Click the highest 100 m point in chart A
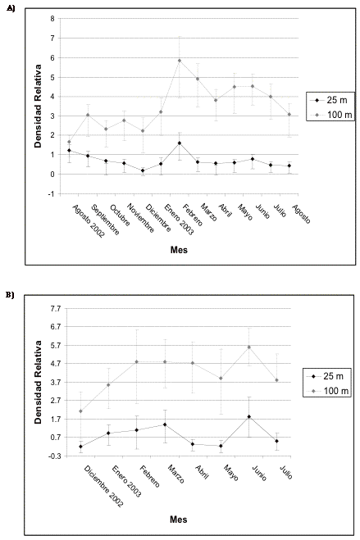179,61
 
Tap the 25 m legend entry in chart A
330,100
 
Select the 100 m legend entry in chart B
327,391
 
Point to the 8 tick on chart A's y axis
52,19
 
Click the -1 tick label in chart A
52,194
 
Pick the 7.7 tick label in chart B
56,309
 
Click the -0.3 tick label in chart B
55,456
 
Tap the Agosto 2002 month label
89,220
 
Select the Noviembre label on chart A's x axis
140,218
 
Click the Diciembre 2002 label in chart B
103,486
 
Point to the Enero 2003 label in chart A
179,220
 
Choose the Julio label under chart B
286,472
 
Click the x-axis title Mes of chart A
179,250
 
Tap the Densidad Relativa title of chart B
38,383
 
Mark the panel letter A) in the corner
11,9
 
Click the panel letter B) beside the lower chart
10,295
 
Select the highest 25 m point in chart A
179,143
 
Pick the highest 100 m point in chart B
248,347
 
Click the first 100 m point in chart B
80,411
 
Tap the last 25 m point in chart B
276,441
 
